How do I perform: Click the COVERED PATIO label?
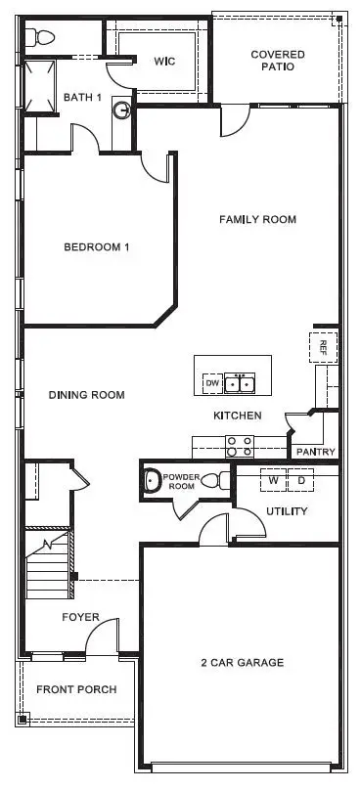(x=278, y=61)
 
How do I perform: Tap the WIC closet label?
(x=164, y=61)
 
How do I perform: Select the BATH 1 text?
(x=83, y=97)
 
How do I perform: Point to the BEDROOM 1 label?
(x=97, y=247)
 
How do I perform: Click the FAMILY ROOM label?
(x=257, y=220)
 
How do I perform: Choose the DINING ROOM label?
(x=87, y=395)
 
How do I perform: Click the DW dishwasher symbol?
(x=211, y=384)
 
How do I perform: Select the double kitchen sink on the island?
(x=240, y=384)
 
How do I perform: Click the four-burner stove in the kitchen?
(x=240, y=447)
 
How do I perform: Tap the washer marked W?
(x=274, y=481)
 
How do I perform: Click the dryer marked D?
(x=301, y=481)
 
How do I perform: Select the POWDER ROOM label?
(x=182, y=482)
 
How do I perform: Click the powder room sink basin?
(x=152, y=481)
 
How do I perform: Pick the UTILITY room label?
(x=287, y=511)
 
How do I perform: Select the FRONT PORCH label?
(x=76, y=689)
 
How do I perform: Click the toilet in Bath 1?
(x=43, y=38)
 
